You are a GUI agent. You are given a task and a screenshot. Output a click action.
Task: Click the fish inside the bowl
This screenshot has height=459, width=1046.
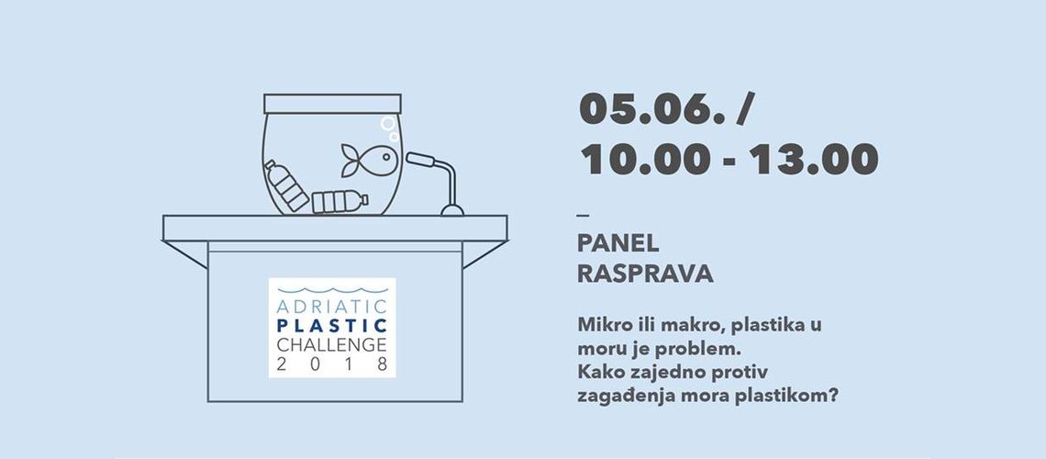[369, 160]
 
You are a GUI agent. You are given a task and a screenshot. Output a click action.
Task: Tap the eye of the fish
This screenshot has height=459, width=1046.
[386, 158]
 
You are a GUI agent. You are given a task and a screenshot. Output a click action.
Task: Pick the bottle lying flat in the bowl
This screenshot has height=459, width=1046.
[339, 201]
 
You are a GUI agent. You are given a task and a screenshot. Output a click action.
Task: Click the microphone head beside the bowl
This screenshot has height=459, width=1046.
[420, 160]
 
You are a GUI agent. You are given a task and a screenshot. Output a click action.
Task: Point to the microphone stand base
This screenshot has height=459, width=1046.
[452, 210]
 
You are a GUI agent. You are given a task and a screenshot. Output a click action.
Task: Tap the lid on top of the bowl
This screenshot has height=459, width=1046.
[332, 104]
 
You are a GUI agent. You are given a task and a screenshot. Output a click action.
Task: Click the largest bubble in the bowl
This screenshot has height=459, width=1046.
[387, 123]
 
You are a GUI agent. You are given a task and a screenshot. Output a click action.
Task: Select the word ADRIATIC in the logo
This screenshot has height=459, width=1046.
[331, 308]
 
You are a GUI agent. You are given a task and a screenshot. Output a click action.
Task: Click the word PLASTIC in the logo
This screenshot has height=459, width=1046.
[331, 326]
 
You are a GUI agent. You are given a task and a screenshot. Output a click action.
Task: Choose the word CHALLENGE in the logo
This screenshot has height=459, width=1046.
[331, 345]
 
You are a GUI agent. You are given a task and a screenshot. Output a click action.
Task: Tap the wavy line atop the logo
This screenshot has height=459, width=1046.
[331, 291]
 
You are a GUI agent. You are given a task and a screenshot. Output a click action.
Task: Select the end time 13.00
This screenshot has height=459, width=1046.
[813, 159]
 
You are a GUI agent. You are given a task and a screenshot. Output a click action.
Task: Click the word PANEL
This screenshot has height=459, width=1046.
[618, 244]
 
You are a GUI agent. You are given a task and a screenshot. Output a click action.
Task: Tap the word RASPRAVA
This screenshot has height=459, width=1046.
[645, 274]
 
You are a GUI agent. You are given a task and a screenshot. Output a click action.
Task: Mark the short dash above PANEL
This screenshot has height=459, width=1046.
[583, 215]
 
